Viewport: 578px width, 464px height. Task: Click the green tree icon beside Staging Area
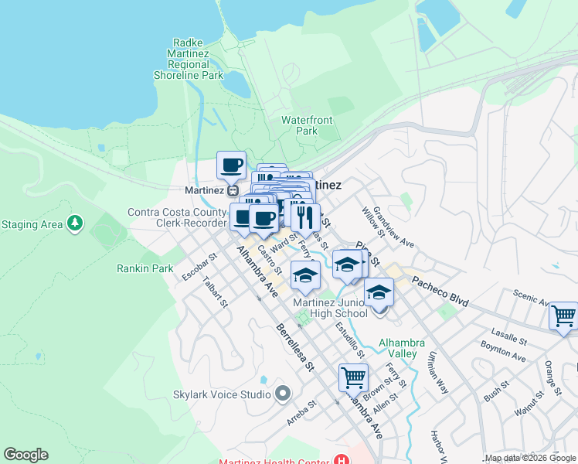[74, 224]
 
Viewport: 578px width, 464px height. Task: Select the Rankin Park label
[144, 268]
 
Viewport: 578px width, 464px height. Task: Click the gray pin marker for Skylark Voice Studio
[282, 394]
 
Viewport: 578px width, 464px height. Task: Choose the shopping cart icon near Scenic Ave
[563, 316]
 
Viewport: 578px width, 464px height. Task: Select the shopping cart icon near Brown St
[353, 377]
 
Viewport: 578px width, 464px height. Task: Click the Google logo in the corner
[25, 455]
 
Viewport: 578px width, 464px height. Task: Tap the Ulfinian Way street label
[437, 373]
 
